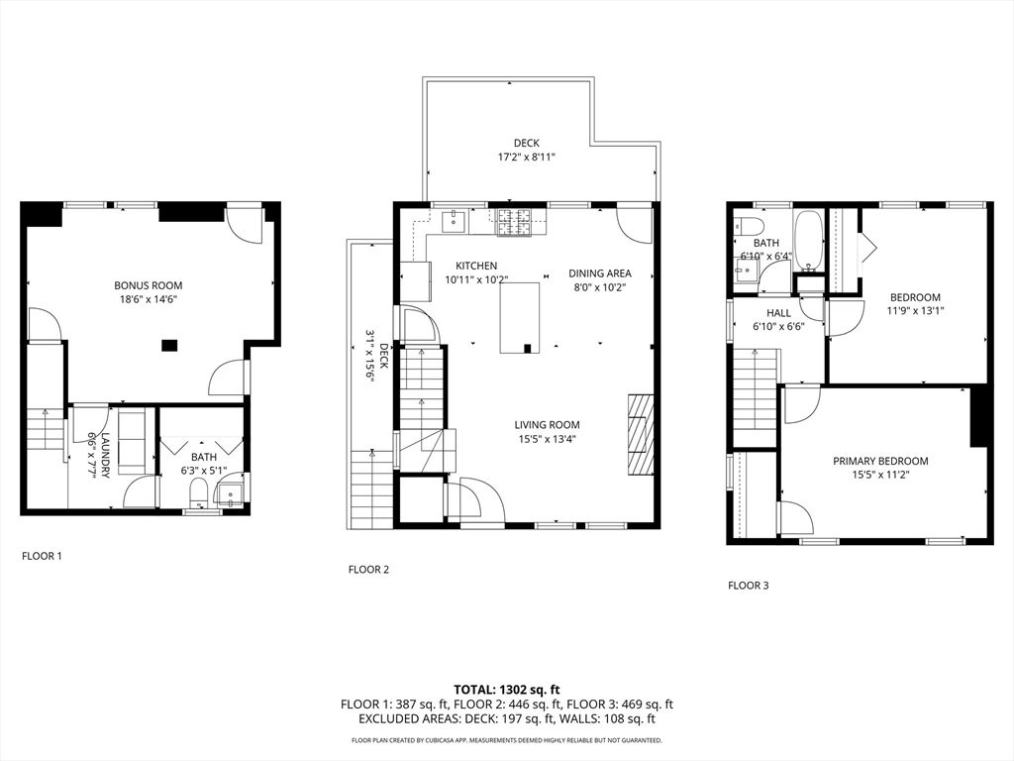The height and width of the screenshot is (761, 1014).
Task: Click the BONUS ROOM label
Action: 148,285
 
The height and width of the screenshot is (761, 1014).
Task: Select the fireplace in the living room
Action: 641,435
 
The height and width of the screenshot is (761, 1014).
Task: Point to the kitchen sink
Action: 455,220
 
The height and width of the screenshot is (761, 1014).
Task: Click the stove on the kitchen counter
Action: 514,222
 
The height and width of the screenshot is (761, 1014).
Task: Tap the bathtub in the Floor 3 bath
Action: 808,241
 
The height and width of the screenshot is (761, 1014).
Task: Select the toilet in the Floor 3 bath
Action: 744,225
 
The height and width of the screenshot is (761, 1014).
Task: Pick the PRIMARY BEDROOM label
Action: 880,461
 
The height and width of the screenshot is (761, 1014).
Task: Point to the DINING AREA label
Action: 599,273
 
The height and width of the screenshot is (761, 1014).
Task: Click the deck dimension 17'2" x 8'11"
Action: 526,157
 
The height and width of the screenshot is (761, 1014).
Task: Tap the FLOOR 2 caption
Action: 368,569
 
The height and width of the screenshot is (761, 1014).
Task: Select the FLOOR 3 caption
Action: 748,585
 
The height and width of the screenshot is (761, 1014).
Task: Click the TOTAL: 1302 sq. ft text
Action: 507,689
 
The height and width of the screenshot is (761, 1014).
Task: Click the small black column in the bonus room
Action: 169,345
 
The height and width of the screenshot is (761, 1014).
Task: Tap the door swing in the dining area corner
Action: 633,225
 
